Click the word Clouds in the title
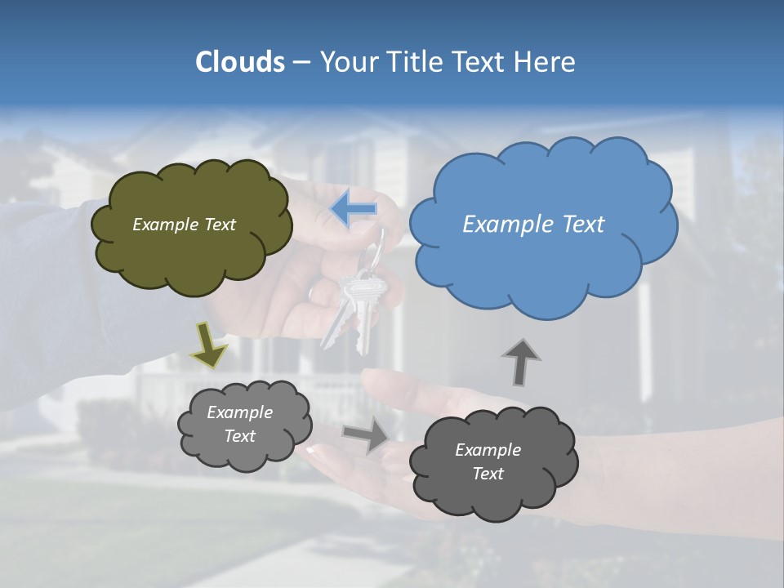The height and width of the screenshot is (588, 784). pyautogui.click(x=239, y=62)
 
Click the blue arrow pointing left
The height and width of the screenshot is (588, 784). pyautogui.click(x=354, y=210)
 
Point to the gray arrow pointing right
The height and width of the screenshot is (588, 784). pyautogui.click(x=366, y=434)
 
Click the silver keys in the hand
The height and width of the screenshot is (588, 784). pyautogui.click(x=353, y=306)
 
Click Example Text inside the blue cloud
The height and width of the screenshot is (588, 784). pyautogui.click(x=533, y=224)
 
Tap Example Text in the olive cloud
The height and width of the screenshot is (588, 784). pyautogui.click(x=184, y=224)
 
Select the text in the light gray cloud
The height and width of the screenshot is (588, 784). pyautogui.click(x=239, y=424)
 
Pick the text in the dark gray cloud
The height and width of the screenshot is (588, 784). pyautogui.click(x=488, y=461)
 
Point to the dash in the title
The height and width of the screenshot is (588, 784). pyautogui.click(x=301, y=63)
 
